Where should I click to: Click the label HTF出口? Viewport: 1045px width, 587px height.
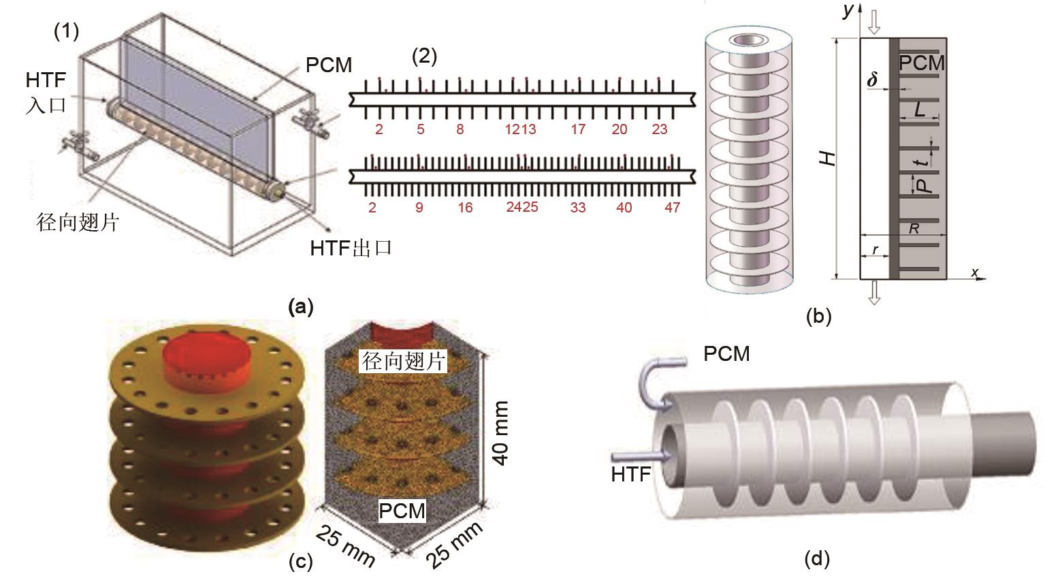click(351, 247)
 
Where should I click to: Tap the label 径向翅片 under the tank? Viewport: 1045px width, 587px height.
click(78, 222)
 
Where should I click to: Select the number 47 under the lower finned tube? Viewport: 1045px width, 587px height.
click(672, 207)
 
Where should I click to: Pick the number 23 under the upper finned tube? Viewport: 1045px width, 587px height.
click(659, 129)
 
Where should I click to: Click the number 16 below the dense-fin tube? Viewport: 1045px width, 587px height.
click(465, 207)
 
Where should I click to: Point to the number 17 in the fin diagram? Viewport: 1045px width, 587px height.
click(578, 129)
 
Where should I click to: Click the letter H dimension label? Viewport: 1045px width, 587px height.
click(827, 158)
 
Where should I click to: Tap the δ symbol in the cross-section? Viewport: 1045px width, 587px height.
click(873, 80)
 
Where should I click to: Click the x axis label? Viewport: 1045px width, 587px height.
click(975, 272)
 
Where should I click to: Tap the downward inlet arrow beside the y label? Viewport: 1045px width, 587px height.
click(874, 23)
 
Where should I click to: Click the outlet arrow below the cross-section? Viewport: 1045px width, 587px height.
click(874, 292)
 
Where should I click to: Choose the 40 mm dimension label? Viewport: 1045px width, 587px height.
click(500, 433)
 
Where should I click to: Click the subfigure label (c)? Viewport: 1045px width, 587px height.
click(301, 562)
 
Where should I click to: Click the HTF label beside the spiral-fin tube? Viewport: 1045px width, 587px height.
click(631, 474)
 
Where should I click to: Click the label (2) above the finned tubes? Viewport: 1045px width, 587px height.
click(425, 56)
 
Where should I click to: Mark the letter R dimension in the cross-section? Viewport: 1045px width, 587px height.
click(914, 229)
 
